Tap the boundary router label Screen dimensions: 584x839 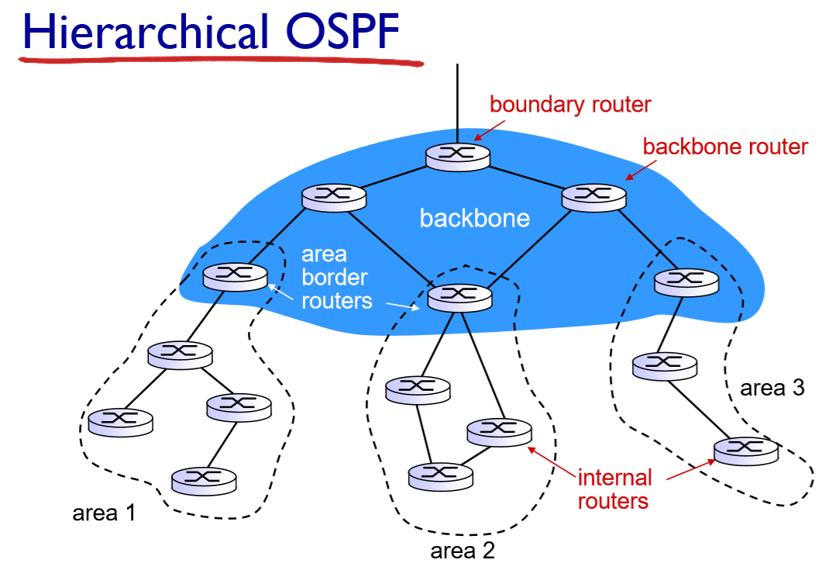click(x=570, y=104)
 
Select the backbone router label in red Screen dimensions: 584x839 click(x=725, y=146)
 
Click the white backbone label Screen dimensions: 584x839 click(x=474, y=218)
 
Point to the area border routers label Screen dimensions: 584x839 click(x=335, y=277)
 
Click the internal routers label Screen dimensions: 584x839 click(x=613, y=489)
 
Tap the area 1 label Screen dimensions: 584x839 click(x=104, y=513)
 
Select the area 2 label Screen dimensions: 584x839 click(x=462, y=551)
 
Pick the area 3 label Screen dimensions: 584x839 click(x=772, y=389)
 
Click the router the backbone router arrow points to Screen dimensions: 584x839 click(x=593, y=195)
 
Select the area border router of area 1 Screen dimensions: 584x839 click(x=235, y=275)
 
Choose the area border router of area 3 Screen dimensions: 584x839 click(x=686, y=282)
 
